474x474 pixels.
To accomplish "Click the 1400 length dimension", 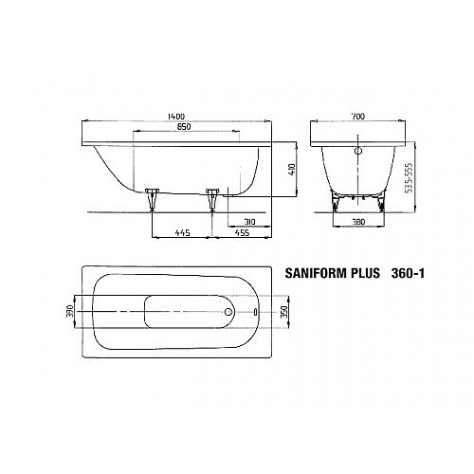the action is click(176, 117).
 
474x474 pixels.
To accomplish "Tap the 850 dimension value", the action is click(184, 127).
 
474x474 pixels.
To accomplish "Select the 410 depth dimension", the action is click(291, 170).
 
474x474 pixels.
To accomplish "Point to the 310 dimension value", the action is click(249, 222).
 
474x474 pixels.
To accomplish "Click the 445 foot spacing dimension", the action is click(183, 233).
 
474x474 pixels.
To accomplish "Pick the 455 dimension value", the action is click(242, 233).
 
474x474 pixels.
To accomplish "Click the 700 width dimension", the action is click(358, 117).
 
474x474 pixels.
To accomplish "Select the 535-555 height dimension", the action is click(410, 177).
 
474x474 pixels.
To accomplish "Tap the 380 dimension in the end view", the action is click(358, 222).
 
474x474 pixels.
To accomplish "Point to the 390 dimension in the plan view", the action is click(70, 311).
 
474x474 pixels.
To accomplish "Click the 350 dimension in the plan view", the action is click(284, 312).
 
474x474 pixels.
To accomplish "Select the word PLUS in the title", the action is click(365, 273).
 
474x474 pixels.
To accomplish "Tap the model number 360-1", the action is click(408, 273).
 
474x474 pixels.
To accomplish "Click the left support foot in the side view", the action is click(152, 199).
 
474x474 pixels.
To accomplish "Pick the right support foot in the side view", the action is click(212, 199).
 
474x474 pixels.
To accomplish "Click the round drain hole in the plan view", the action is click(228, 312).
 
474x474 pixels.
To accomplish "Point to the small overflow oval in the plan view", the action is click(255, 312).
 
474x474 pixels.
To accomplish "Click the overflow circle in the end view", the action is click(358, 151).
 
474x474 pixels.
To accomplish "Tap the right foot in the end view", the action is click(381, 203).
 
